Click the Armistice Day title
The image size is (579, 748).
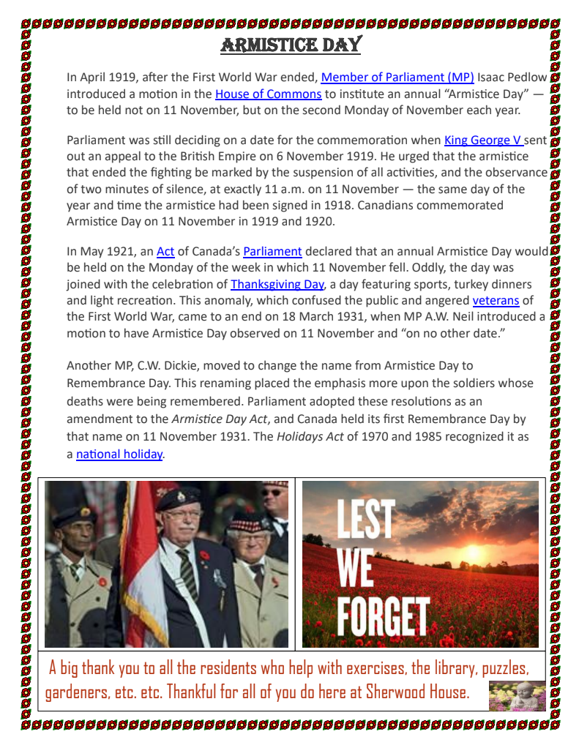(x=291, y=45)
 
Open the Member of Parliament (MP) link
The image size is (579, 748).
(x=397, y=77)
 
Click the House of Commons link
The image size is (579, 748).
(x=268, y=94)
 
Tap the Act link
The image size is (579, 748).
(x=165, y=251)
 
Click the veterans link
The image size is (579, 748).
(x=496, y=300)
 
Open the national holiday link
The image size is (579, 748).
(x=119, y=454)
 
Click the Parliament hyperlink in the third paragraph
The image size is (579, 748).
(x=272, y=251)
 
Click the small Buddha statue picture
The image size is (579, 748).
(x=517, y=695)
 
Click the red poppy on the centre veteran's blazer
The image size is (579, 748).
(x=204, y=556)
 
